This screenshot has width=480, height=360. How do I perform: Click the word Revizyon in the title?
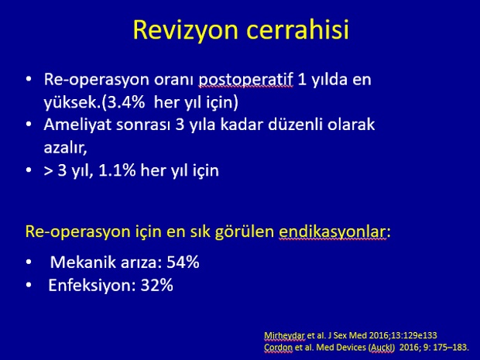point(186,30)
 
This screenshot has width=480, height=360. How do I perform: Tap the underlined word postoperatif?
point(245,81)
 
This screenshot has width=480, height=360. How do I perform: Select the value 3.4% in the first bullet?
point(125,102)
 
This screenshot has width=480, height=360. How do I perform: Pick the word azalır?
point(65,148)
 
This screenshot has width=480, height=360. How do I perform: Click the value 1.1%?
point(117,170)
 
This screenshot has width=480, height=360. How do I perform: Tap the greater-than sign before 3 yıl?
point(48,171)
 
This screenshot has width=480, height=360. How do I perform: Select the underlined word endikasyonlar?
point(332,231)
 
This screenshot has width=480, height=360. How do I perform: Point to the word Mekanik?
point(84,262)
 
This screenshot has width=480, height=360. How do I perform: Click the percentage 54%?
point(183,262)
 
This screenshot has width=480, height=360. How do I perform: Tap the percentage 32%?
point(156,286)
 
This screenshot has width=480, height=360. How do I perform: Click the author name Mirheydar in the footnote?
point(284,335)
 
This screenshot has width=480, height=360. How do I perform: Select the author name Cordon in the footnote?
point(278,348)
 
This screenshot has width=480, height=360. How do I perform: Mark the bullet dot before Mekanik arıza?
point(29,262)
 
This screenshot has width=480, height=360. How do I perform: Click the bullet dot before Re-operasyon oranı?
point(29,79)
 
